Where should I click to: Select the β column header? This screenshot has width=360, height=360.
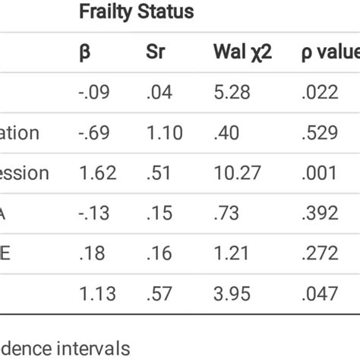coord(84,52)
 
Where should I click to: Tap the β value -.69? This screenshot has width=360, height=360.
coord(92,133)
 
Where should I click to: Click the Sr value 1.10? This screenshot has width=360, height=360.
coord(164,133)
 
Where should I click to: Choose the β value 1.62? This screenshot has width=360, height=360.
coord(97,172)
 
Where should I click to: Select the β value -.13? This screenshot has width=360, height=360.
coord(92,212)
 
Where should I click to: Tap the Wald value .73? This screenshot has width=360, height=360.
coord(229,212)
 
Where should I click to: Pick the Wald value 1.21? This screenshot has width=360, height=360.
coord(232,251)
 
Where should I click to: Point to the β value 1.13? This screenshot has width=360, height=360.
coord(96,292)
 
